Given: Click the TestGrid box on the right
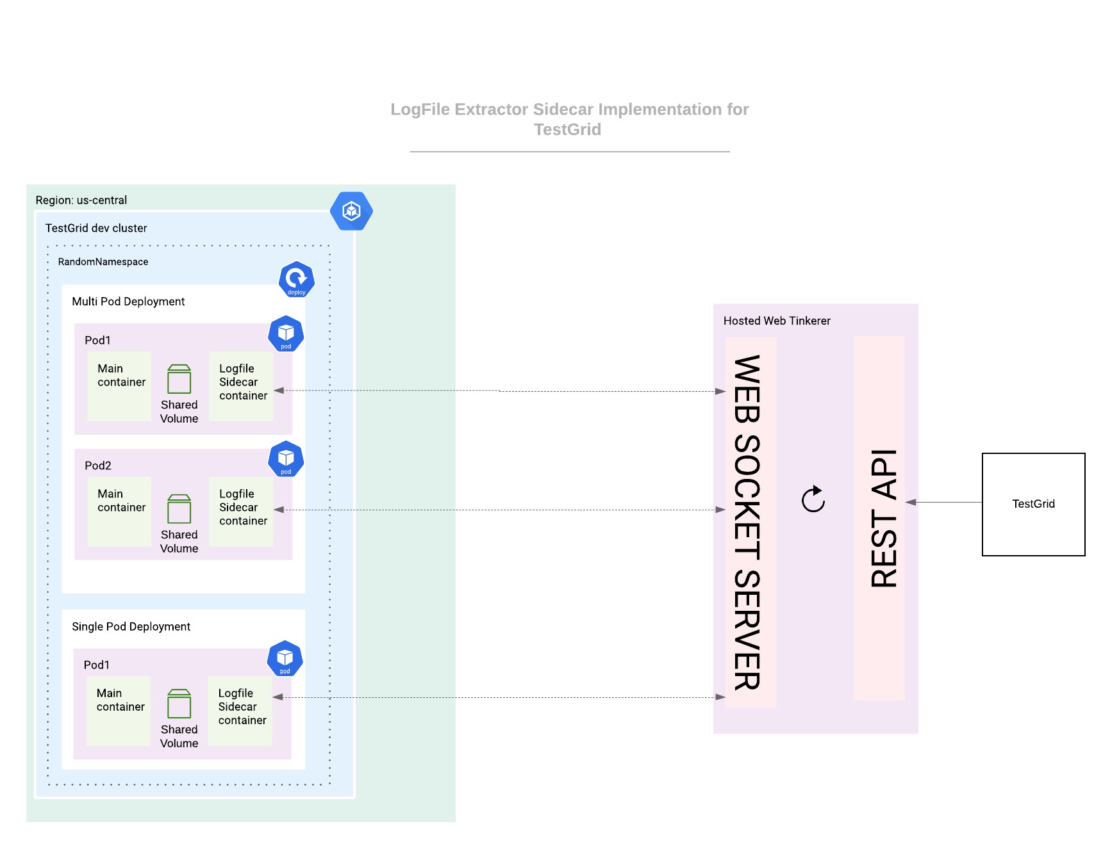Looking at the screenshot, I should pyautogui.click(x=1032, y=504).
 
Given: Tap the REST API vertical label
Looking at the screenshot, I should pyautogui.click(x=884, y=518).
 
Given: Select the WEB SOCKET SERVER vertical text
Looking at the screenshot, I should pyautogui.click(x=747, y=522).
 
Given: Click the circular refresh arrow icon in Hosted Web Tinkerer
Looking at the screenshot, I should pyautogui.click(x=813, y=499).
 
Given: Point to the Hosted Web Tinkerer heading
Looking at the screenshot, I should pyautogui.click(x=776, y=321).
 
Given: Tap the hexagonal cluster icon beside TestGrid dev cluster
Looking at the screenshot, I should pyautogui.click(x=351, y=211).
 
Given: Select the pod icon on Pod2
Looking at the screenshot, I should pyautogui.click(x=286, y=459).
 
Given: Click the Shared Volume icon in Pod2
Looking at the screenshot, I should pyautogui.click(x=179, y=509).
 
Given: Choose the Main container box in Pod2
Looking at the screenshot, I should pyautogui.click(x=119, y=511).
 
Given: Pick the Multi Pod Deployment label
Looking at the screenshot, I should pyautogui.click(x=128, y=302).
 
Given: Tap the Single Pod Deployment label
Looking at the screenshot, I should pyautogui.click(x=131, y=626).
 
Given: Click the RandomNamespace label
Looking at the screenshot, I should pyautogui.click(x=103, y=262).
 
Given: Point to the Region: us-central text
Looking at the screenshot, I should pyautogui.click(x=81, y=200).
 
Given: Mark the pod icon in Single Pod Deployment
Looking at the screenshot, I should pyautogui.click(x=285, y=658).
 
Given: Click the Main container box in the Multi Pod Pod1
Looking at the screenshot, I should pyautogui.click(x=119, y=385).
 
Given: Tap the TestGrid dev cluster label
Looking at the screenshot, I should pyautogui.click(x=96, y=228).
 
